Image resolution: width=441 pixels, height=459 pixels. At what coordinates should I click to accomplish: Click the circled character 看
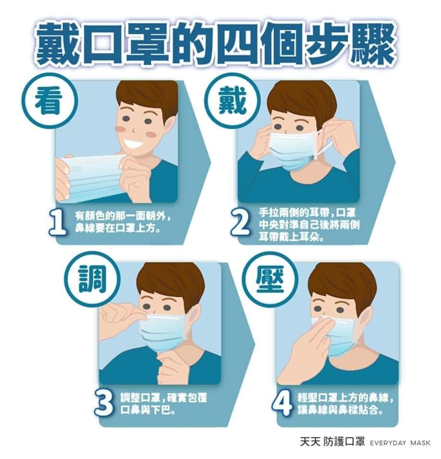point(49,101)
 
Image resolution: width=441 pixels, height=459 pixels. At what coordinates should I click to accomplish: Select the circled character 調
point(93,279)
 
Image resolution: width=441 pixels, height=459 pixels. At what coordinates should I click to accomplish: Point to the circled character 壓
point(270,279)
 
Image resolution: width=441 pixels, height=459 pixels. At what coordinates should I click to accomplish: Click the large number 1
point(58,223)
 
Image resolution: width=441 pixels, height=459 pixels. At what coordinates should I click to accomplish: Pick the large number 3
point(104,404)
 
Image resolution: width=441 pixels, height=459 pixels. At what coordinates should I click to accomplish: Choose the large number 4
point(282,404)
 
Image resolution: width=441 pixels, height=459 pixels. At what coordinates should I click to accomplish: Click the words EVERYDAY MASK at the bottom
point(400,443)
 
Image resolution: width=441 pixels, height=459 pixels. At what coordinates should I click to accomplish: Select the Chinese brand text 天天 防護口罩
point(332,442)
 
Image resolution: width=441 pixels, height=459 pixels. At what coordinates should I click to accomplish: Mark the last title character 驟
point(374,44)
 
